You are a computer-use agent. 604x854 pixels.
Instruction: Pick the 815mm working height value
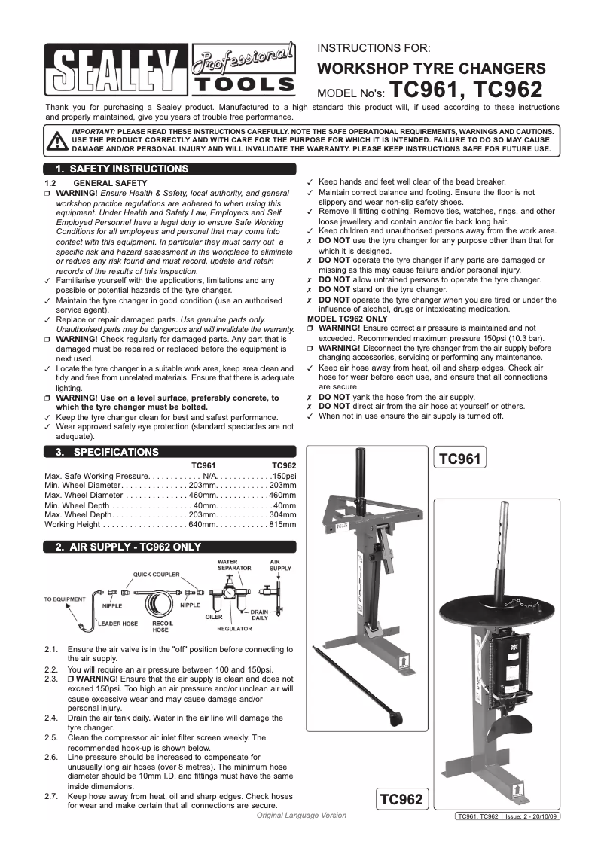tap(282, 523)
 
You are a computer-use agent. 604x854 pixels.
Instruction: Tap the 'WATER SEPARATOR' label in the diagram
tap(228, 564)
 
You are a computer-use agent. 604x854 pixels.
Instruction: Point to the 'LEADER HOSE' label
tap(117, 624)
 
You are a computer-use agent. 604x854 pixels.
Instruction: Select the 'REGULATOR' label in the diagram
tap(234, 627)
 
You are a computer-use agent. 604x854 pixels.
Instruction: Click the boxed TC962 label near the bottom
tap(401, 798)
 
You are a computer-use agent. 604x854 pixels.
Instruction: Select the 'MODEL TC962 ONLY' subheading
tap(346, 319)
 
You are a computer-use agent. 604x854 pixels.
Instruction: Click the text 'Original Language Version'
tap(301, 816)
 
